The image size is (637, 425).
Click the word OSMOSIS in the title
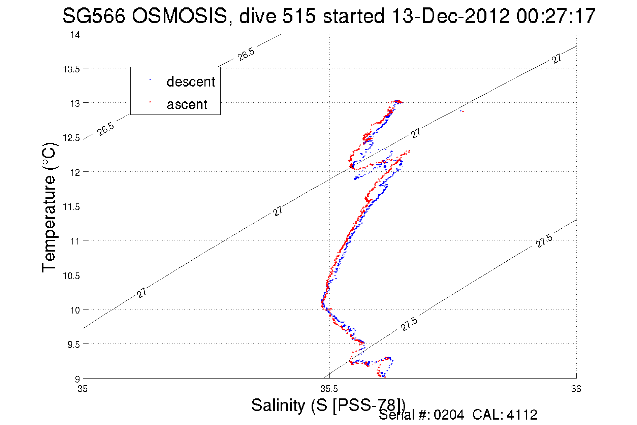click(180, 16)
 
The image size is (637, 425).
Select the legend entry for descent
click(190, 82)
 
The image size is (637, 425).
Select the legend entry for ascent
click(187, 104)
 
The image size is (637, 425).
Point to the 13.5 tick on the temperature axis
click(71, 69)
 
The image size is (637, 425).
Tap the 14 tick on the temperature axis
click(75, 35)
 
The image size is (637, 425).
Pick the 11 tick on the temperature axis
click(75, 241)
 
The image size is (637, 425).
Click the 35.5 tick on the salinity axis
click(329, 389)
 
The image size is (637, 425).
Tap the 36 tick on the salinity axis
click(576, 389)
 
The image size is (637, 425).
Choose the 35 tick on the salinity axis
click(83, 389)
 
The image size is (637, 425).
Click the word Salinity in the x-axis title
click(279, 405)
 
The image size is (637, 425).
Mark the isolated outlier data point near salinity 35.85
click(461, 111)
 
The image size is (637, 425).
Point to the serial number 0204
click(449, 415)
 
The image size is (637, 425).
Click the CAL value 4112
click(522, 415)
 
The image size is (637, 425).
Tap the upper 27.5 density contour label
click(544, 241)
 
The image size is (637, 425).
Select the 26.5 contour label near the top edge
click(246, 54)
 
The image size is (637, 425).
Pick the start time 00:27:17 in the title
click(556, 16)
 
